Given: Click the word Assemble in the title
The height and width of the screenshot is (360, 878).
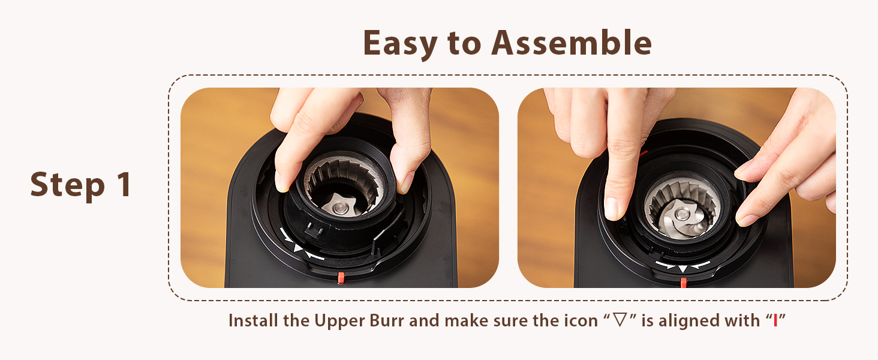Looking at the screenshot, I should pos(571,43).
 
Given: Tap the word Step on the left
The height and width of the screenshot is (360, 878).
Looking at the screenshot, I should pos(65,185).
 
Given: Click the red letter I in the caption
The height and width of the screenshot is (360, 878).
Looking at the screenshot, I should pos(775,321).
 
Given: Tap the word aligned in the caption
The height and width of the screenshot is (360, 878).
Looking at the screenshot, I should pos(690,321).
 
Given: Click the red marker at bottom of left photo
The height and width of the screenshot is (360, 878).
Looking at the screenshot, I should pos(341,277).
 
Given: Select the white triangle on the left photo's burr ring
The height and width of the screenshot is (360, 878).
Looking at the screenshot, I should pos(298,248).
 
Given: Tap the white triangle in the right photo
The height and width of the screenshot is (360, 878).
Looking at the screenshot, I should pos(682,268).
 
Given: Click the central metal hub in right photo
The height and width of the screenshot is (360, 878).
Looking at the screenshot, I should pos(680,214).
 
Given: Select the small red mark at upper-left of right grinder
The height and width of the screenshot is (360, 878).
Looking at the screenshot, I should pos(643,154).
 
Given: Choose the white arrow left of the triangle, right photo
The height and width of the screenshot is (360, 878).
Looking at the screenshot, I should pos(665,264).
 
